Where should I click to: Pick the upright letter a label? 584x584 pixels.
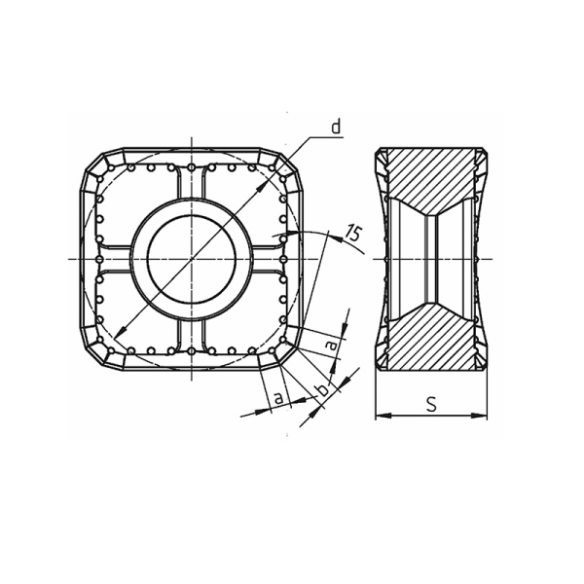[279, 398]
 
